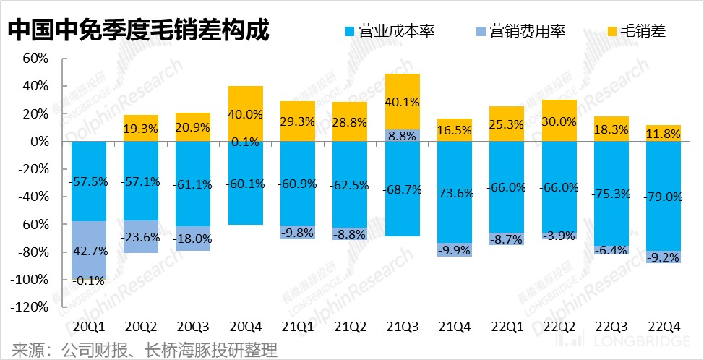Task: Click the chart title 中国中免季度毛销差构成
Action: (x=137, y=30)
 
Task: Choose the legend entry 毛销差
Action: (x=636, y=31)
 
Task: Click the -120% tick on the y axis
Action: (x=29, y=307)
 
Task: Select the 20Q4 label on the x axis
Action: (x=246, y=325)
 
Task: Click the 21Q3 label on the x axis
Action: (x=403, y=325)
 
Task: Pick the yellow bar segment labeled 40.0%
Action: (x=246, y=113)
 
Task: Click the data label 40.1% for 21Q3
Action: (x=403, y=101)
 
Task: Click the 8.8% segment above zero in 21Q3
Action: (x=403, y=135)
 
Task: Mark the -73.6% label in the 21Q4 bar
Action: (x=455, y=193)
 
